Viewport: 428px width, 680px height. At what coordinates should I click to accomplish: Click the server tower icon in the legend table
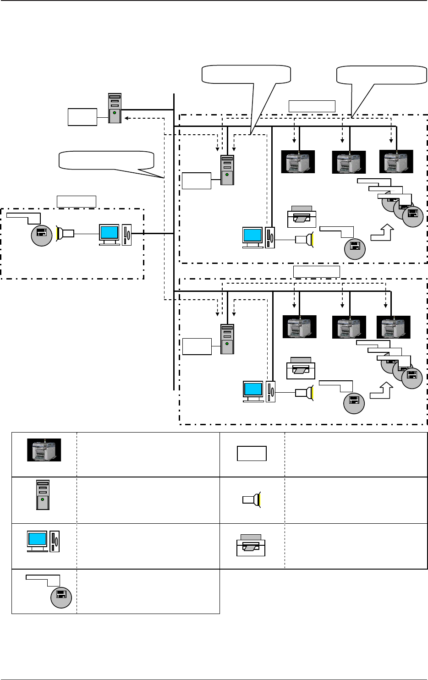(43, 495)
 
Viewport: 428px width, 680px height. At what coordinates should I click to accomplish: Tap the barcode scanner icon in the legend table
(252, 499)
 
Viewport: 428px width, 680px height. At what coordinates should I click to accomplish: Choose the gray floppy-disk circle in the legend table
(61, 596)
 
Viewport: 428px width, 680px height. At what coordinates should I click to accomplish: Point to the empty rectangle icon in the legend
(252, 454)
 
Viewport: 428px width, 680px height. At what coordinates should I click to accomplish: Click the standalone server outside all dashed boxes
(115, 108)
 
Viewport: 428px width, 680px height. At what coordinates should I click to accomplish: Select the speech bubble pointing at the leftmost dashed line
(106, 160)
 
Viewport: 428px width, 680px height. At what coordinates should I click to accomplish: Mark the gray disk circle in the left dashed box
(42, 233)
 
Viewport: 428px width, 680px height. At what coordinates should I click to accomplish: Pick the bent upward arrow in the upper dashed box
(382, 233)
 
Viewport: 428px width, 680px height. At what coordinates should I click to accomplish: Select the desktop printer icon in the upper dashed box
(301, 216)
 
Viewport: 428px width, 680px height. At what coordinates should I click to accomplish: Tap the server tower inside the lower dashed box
(227, 339)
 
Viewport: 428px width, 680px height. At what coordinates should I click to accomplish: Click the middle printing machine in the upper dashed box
(349, 162)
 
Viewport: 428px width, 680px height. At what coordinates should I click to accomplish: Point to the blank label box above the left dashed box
(77, 202)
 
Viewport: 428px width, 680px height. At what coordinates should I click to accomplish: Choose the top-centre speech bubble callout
(246, 75)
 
